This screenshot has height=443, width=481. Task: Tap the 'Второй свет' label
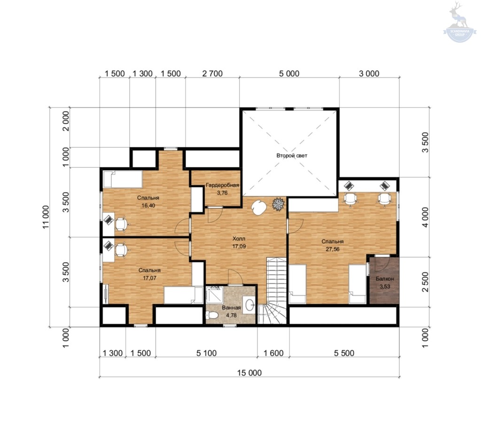292,155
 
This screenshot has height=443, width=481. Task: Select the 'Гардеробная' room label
222,185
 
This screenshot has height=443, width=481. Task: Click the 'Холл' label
239,239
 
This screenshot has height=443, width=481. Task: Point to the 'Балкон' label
385,279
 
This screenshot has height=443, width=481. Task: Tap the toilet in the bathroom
212,315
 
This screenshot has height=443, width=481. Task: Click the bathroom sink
249,304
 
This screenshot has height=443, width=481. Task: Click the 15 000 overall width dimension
249,373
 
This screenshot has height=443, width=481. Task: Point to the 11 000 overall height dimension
46,217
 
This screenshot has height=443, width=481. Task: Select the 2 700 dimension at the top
212,74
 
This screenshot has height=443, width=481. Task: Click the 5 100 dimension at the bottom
206,353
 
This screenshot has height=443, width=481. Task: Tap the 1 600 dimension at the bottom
274,353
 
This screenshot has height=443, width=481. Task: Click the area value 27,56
333,249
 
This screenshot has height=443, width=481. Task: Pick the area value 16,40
148,206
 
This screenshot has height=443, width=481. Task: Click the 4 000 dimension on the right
425,217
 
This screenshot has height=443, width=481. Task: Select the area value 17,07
150,278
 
